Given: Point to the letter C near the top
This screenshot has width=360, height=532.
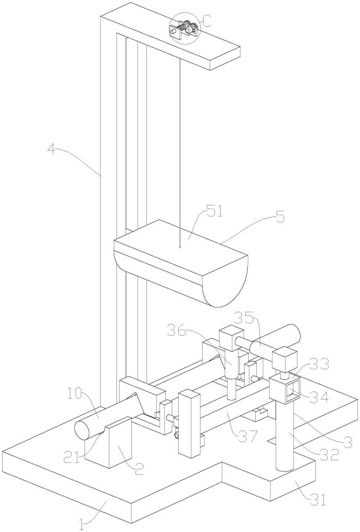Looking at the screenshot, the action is click(207, 22).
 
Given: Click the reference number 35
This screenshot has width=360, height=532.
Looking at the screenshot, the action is click(243, 319).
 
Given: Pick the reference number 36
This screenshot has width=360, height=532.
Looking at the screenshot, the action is click(177, 330).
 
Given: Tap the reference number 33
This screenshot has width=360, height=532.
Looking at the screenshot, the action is click(319, 364).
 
